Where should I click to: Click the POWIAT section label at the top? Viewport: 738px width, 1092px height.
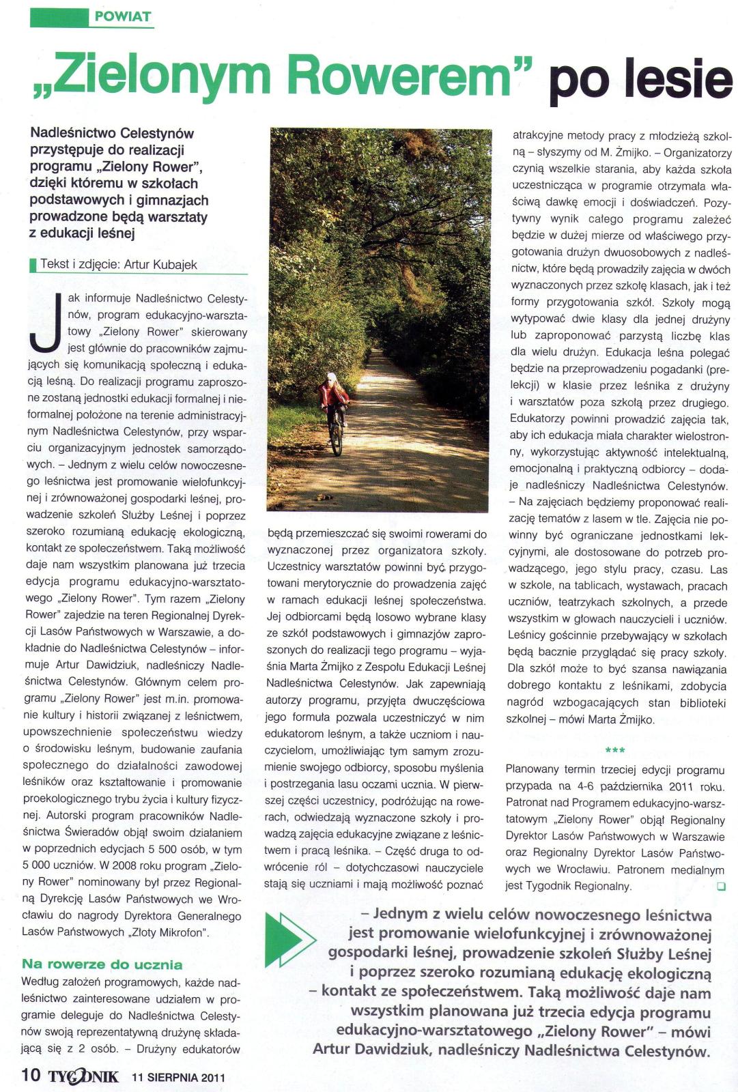click(x=123, y=16)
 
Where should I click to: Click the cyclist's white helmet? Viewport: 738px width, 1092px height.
click(x=331, y=377)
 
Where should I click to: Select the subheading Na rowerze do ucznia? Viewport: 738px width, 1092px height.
click(x=102, y=964)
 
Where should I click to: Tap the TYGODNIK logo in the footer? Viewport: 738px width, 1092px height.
click(x=83, y=1076)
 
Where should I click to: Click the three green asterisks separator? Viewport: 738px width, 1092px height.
click(x=615, y=751)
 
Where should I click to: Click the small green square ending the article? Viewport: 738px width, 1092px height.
click(x=721, y=887)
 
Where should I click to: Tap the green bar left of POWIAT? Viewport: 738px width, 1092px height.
click(x=59, y=16)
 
